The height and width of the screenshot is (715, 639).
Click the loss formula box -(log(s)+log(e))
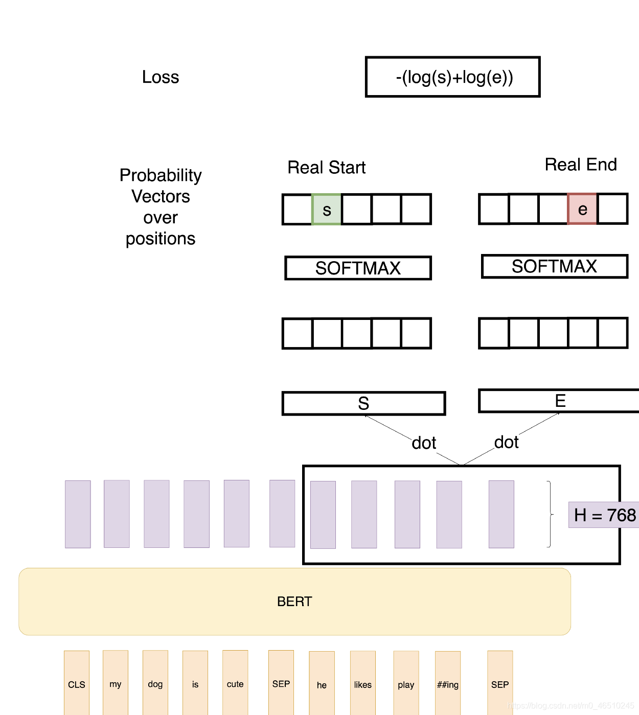click(x=453, y=77)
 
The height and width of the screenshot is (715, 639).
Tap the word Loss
click(x=161, y=77)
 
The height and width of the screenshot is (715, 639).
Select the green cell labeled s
click(x=327, y=210)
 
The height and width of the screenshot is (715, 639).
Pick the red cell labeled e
click(x=582, y=209)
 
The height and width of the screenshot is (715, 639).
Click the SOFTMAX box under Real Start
click(x=358, y=268)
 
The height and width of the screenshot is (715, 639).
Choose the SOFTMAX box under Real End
click(x=555, y=266)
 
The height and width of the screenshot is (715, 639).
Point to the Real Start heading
click(x=327, y=168)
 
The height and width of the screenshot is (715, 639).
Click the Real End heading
click(x=581, y=165)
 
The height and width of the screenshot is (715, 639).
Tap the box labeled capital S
click(x=363, y=403)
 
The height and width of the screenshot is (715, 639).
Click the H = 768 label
click(x=604, y=515)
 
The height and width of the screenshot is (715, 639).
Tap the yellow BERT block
click(x=294, y=602)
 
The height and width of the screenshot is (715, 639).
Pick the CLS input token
click(x=77, y=683)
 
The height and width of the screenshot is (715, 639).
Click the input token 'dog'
click(x=155, y=683)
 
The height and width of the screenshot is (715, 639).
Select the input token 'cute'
click(x=235, y=683)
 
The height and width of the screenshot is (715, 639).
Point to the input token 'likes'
click(x=363, y=684)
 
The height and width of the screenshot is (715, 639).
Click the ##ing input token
click(x=448, y=684)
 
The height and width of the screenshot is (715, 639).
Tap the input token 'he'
click(x=322, y=684)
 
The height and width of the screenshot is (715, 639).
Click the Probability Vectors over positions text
click(x=161, y=206)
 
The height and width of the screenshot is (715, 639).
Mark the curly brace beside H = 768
click(x=550, y=514)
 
